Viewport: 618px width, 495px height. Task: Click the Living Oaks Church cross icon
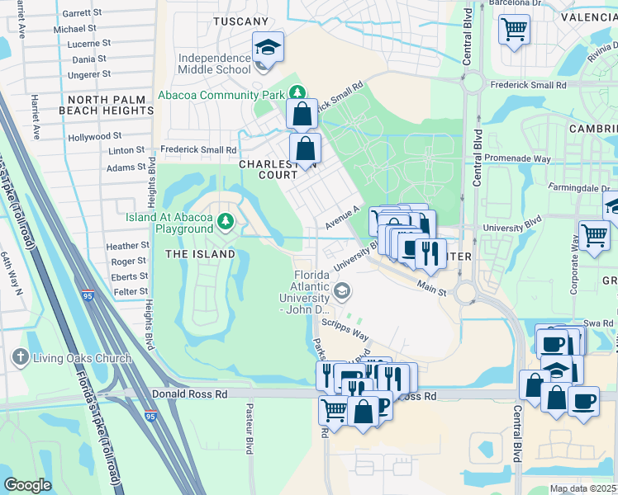point(21,358)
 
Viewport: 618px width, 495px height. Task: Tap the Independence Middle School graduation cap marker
point(268,46)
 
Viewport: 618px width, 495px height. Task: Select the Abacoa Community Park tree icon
point(297,94)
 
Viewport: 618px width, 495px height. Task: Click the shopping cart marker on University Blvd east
point(594,234)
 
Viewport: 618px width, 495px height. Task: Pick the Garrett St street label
point(81,13)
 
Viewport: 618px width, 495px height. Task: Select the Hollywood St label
point(94,136)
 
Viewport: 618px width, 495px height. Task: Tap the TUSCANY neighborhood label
point(240,21)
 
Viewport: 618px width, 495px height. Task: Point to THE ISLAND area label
point(201,254)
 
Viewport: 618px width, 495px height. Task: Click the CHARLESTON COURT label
point(268,169)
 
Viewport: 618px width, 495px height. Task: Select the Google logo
point(27,484)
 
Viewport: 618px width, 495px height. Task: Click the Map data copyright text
point(582,488)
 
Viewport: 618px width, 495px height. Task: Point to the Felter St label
point(130,292)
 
